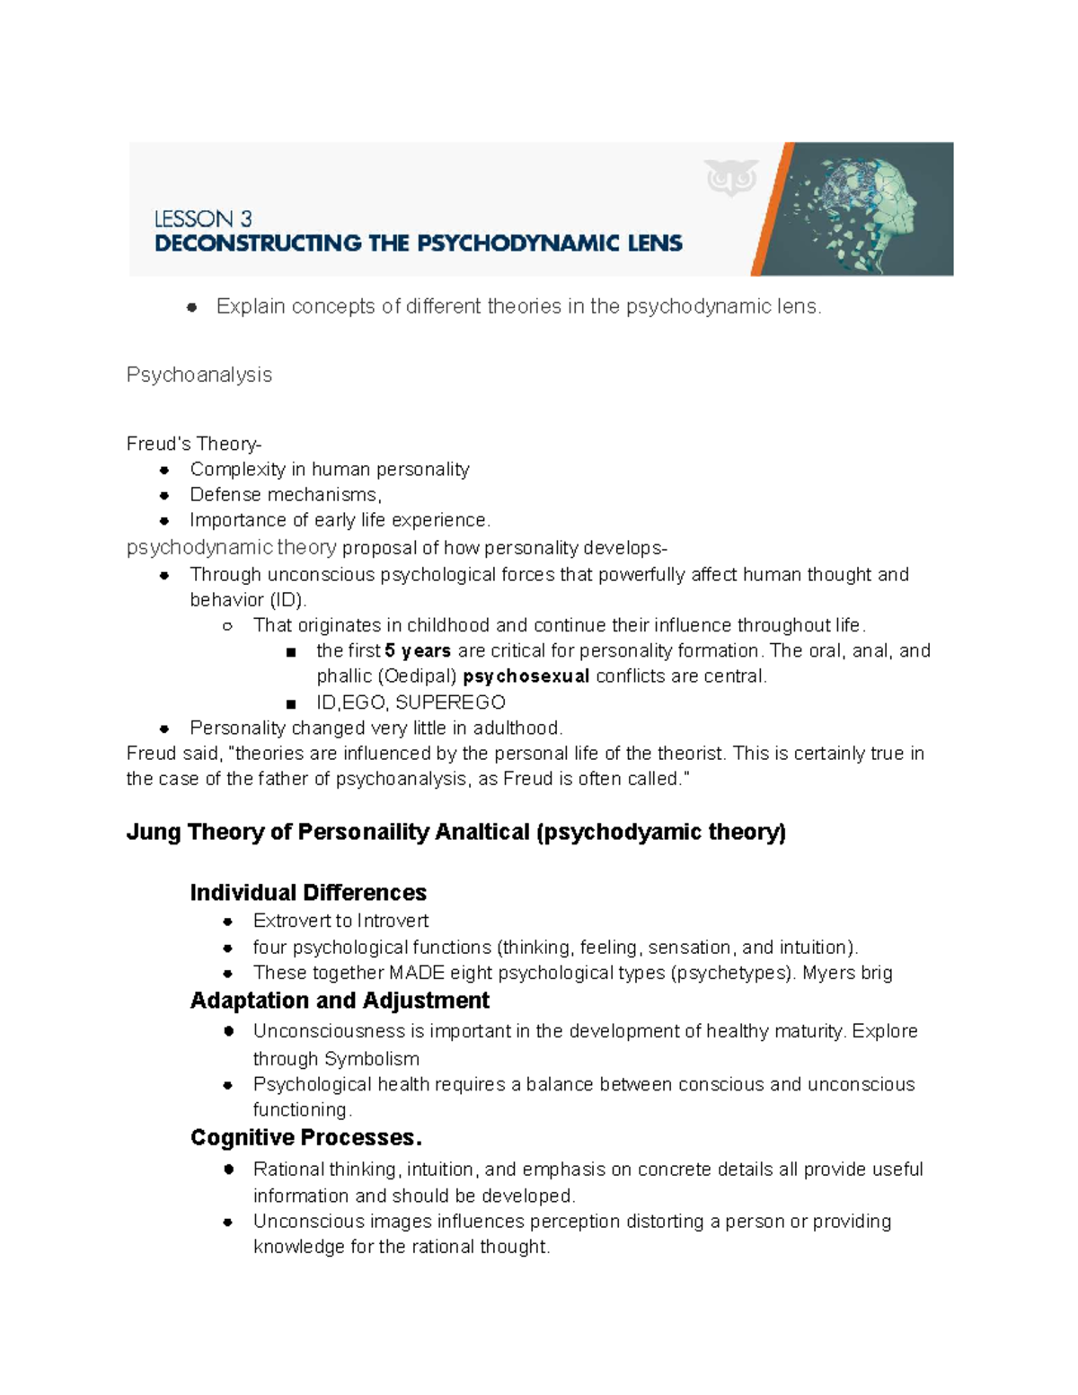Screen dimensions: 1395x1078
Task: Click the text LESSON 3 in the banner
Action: click(203, 218)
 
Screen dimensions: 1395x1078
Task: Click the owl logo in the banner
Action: click(731, 177)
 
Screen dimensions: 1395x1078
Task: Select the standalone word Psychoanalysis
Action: click(199, 375)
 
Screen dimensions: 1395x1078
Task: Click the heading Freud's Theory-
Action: click(194, 444)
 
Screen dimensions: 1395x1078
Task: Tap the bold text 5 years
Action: click(418, 651)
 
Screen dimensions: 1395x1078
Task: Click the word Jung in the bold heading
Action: click(154, 832)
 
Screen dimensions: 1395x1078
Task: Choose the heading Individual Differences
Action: click(308, 893)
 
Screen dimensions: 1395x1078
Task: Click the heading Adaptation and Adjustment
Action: click(340, 1001)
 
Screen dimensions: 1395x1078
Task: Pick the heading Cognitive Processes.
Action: click(305, 1138)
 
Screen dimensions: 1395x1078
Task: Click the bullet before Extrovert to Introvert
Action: click(228, 922)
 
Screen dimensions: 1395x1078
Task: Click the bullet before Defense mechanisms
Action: click(164, 495)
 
